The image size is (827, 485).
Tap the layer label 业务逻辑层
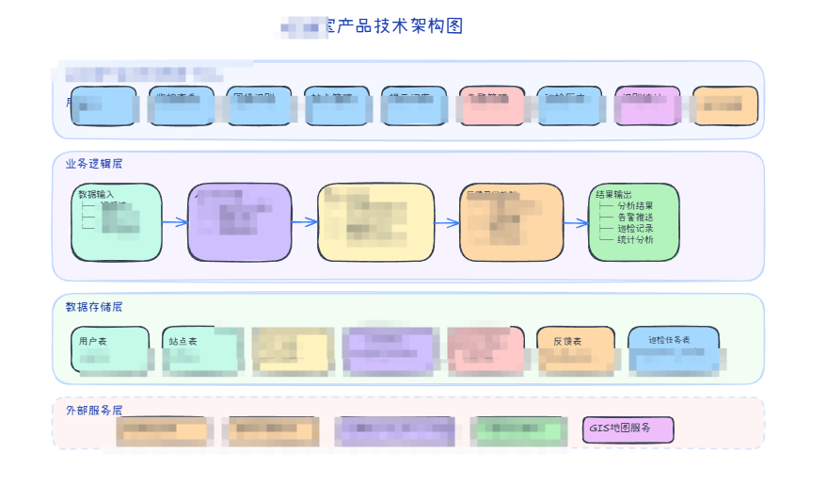point(94,164)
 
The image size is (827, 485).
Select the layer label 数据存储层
point(94,307)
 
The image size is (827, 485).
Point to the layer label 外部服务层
point(94,411)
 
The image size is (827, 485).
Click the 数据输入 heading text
point(97,194)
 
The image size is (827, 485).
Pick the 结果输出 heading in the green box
point(614,195)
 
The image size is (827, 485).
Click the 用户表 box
point(109,349)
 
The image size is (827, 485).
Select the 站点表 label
point(183,341)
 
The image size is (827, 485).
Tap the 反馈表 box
point(576,349)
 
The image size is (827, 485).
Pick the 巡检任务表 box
point(673,349)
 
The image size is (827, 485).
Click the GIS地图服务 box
point(628,429)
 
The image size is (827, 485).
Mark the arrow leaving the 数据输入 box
point(175,223)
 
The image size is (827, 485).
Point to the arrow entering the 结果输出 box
point(576,223)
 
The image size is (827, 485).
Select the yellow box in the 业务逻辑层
point(376,222)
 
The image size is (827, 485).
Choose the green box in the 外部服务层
point(517,430)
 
